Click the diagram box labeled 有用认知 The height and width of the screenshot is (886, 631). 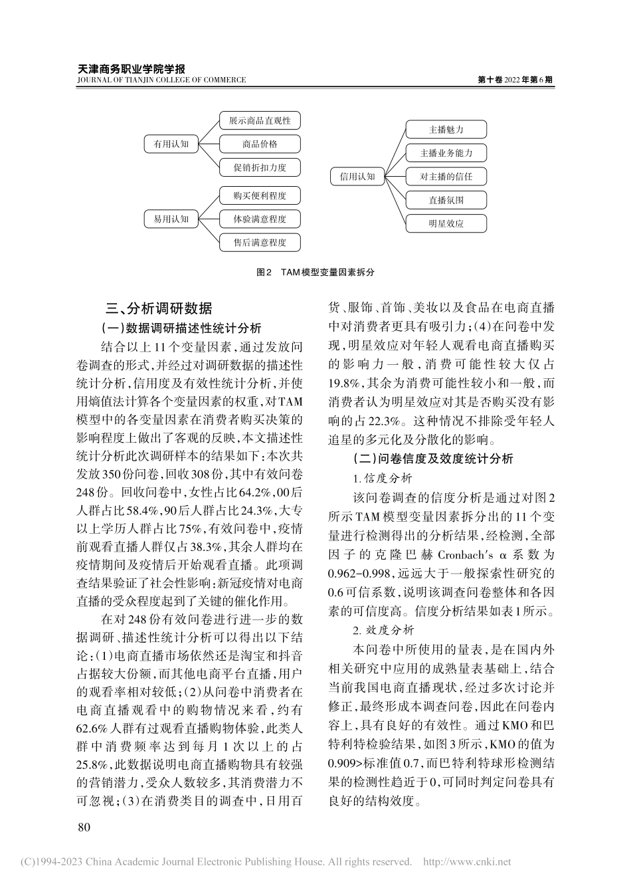coord(171,144)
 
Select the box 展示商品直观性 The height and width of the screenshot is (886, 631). coord(260,120)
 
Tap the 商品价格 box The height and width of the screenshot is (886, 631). coord(260,144)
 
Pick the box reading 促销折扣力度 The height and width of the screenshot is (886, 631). coord(260,167)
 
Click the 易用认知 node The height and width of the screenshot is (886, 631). coord(171,219)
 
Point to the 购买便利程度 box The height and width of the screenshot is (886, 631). coord(260,195)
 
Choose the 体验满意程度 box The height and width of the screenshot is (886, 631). coord(260,219)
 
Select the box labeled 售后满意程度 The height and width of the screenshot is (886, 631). coord(260,243)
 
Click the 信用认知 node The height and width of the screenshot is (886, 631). coord(357,176)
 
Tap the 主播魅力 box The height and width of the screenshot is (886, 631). coord(446,130)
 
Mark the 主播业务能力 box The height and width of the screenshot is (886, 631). coord(446,153)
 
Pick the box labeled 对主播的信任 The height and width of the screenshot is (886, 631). coord(446,176)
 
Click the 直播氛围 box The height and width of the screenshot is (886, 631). coord(446,199)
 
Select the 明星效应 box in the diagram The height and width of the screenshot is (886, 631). coord(446,223)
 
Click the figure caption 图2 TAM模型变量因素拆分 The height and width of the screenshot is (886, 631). coord(315,273)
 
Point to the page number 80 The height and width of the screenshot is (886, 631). coord(84,827)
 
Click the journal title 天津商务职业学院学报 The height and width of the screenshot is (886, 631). coord(132,68)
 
